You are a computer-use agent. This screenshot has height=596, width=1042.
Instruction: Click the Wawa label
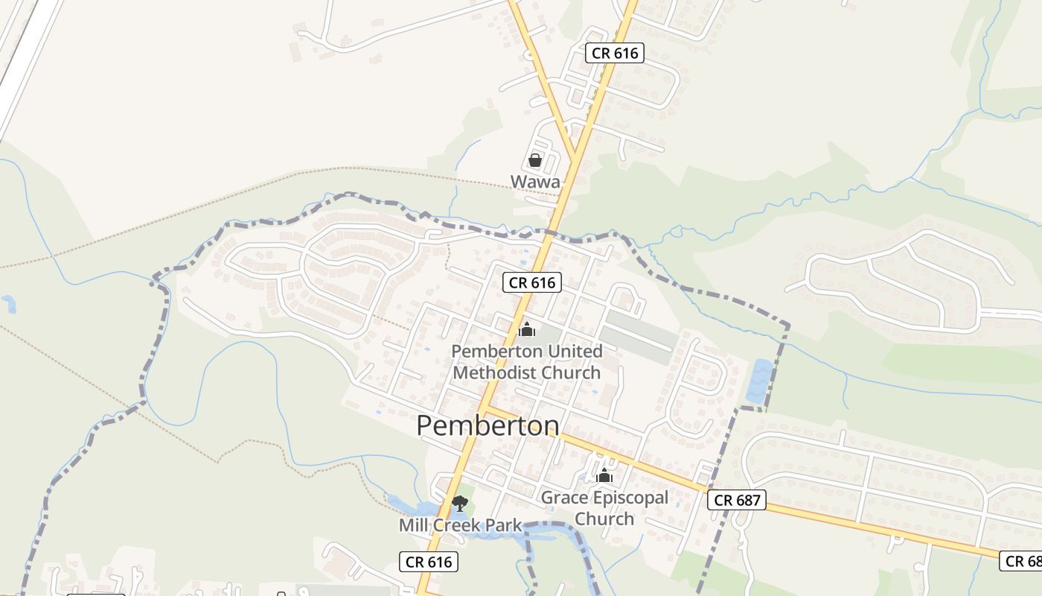pyautogui.click(x=535, y=181)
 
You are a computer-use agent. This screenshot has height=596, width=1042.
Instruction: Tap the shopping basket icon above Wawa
pyautogui.click(x=534, y=159)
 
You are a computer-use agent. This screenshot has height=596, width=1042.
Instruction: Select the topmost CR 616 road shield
pyautogui.click(x=614, y=53)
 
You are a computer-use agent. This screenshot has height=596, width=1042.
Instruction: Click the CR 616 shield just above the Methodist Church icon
pyautogui.click(x=531, y=282)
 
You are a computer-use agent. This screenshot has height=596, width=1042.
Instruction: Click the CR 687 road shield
pyautogui.click(x=736, y=500)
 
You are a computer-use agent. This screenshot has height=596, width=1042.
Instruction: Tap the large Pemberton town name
pyautogui.click(x=488, y=425)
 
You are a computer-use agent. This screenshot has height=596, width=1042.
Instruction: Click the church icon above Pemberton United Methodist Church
pyautogui.click(x=527, y=329)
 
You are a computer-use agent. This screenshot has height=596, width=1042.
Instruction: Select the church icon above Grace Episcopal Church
pyautogui.click(x=604, y=475)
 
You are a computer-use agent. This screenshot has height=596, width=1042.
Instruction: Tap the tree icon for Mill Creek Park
pyautogui.click(x=460, y=504)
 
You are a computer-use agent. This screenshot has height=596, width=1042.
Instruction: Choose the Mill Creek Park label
pyautogui.click(x=460, y=525)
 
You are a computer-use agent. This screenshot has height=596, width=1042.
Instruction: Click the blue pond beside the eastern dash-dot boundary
pyautogui.click(x=760, y=381)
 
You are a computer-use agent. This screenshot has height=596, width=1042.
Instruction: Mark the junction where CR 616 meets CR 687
pyautogui.click(x=483, y=408)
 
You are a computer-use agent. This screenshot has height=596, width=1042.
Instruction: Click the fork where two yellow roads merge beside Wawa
pyautogui.click(x=575, y=156)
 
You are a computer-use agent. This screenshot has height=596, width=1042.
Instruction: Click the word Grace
pyautogui.click(x=563, y=498)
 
